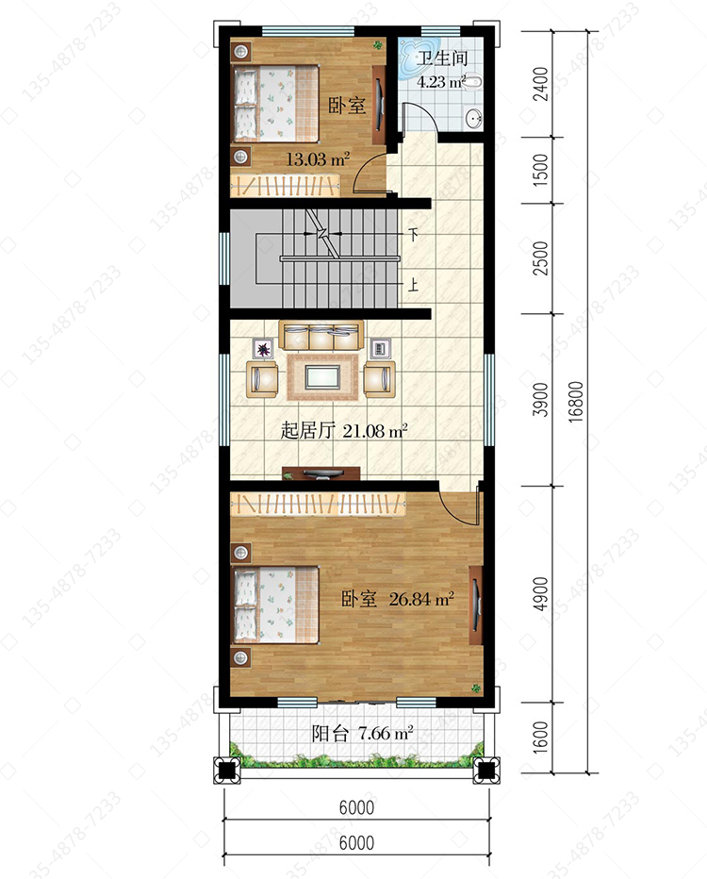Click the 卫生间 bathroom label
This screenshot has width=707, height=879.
tap(441, 58)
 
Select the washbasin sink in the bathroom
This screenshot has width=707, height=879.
tap(474, 118)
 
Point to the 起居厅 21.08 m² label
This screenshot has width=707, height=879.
tap(344, 430)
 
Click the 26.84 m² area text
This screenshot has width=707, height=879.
tap(421, 599)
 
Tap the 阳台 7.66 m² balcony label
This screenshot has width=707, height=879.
tap(363, 733)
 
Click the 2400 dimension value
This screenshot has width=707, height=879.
tap(540, 84)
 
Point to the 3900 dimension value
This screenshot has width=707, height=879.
tap(540, 400)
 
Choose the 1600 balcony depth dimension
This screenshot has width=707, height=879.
tap(540, 738)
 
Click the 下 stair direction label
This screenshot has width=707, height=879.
tap(414, 234)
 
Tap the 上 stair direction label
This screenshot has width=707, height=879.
tap(414, 285)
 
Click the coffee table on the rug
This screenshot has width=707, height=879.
tap(323, 376)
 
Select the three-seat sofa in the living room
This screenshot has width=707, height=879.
tap(321, 335)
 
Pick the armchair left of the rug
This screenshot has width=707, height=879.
tap(262, 379)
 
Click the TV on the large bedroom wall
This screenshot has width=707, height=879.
tap(476, 605)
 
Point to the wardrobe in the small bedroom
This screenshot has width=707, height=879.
tap(285, 186)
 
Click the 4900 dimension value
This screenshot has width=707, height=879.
tap(540, 593)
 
